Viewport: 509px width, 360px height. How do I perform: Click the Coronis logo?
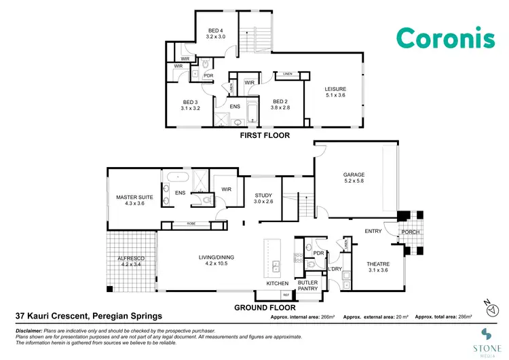tap(445, 38)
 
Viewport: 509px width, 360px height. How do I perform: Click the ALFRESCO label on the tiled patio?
tap(131, 259)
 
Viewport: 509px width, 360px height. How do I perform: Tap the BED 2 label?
tap(279, 103)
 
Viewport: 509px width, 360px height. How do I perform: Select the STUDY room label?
tap(263, 197)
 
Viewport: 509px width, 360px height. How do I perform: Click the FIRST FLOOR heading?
tap(264, 136)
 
